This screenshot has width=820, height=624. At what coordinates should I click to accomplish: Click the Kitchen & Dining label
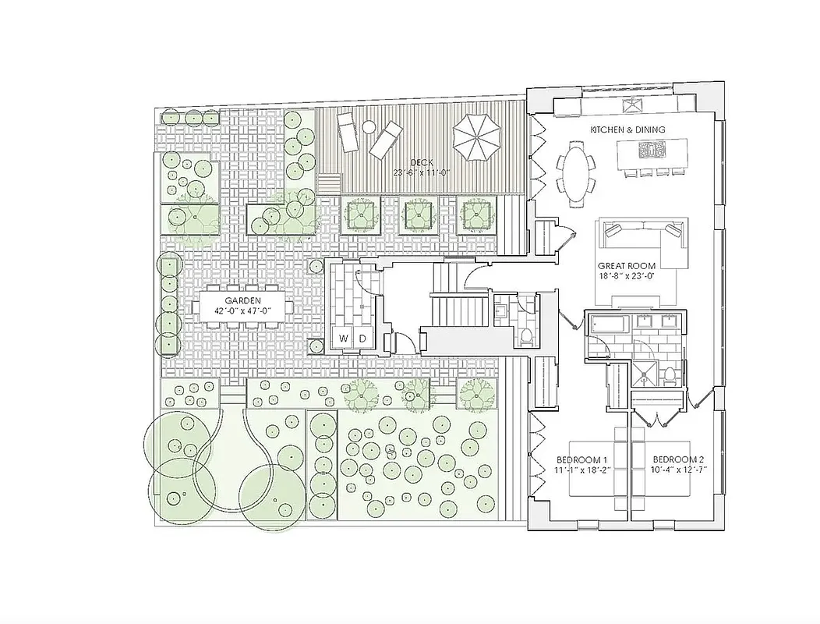click(627, 129)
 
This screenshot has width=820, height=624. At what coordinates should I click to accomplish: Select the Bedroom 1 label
click(581, 459)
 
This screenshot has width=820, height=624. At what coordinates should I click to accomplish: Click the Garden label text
click(243, 300)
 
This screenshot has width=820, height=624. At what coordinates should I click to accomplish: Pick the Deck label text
click(422, 161)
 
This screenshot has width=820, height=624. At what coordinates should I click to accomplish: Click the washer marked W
click(344, 338)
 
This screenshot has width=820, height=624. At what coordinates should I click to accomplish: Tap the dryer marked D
click(363, 338)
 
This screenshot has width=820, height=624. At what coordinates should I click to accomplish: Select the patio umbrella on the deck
click(477, 137)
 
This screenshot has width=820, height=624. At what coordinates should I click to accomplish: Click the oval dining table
click(575, 170)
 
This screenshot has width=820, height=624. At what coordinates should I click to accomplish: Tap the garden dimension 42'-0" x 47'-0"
click(243, 310)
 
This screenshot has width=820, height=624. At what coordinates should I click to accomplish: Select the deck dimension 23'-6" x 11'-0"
click(422, 172)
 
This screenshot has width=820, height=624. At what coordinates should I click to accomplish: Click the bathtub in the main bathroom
click(609, 322)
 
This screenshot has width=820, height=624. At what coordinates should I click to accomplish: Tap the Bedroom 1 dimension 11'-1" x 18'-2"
click(581, 470)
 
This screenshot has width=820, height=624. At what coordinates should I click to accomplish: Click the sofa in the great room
click(642, 231)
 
